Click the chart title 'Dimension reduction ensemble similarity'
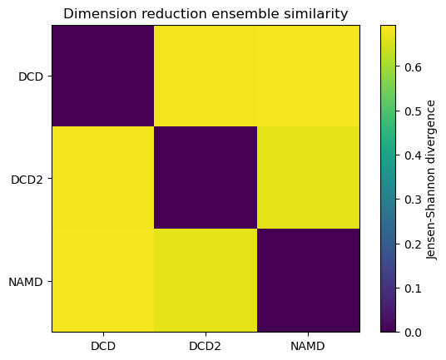206,13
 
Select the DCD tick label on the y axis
32,76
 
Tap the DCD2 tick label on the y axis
28,179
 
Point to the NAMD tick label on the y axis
27,281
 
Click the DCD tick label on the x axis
103,345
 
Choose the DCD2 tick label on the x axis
206,345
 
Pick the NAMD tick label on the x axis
308,345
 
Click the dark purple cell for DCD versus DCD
103,76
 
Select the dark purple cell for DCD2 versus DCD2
206,179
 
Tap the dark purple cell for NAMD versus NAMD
308,281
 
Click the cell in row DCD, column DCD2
206,76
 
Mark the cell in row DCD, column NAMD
308,76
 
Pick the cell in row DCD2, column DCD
103,179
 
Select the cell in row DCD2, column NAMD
308,179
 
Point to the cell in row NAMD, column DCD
103,281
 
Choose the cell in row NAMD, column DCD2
206,281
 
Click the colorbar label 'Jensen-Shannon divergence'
431,179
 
